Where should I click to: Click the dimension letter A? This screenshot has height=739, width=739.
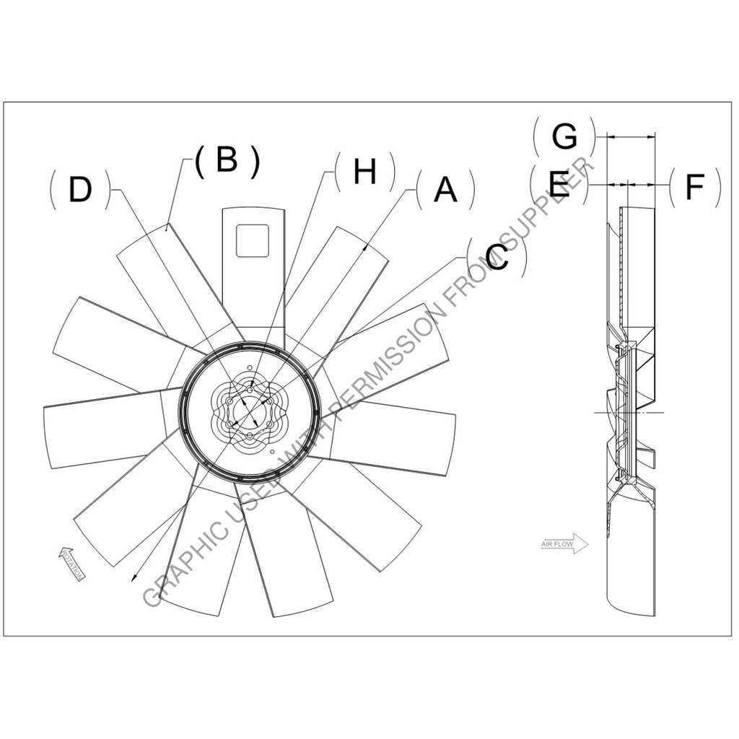click(445, 190)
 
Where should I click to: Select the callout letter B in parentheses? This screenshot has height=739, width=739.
click(227, 160)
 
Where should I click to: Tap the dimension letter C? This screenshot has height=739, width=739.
click(497, 256)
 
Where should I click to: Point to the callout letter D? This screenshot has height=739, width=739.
click(80, 190)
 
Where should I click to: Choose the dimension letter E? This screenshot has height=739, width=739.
click(560, 185)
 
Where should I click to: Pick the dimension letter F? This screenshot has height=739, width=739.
click(694, 186)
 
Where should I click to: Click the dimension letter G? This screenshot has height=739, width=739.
click(564, 135)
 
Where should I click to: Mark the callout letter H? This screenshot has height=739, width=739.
click(365, 172)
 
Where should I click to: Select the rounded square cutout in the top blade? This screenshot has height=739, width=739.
click(253, 240)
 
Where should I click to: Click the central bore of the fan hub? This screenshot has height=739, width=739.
click(249, 412)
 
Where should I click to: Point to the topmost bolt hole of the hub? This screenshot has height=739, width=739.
click(250, 390)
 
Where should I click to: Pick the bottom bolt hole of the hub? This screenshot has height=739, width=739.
click(250, 436)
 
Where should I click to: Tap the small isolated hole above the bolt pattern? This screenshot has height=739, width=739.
click(250, 373)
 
